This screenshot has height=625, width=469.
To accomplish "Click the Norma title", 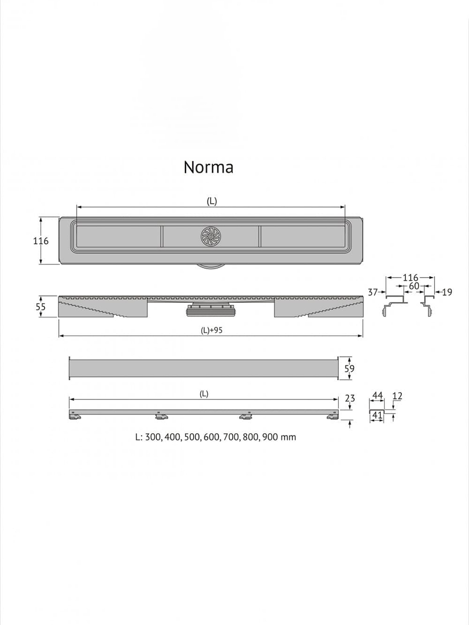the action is click(x=208, y=167).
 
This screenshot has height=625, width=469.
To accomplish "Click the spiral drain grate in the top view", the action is click(x=211, y=236).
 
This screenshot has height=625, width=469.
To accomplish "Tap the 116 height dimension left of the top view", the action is click(x=41, y=241).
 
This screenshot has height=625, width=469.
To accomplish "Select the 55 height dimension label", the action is click(x=41, y=307).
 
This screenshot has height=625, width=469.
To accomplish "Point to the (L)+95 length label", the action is click(x=211, y=331).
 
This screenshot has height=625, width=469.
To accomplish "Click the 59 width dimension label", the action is click(x=349, y=368).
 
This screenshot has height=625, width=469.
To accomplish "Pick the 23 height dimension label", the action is click(x=350, y=398).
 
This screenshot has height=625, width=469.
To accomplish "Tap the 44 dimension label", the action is click(x=377, y=395).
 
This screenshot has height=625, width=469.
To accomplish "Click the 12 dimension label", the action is click(x=397, y=396).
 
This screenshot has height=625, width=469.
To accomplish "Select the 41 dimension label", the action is click(x=377, y=416).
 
